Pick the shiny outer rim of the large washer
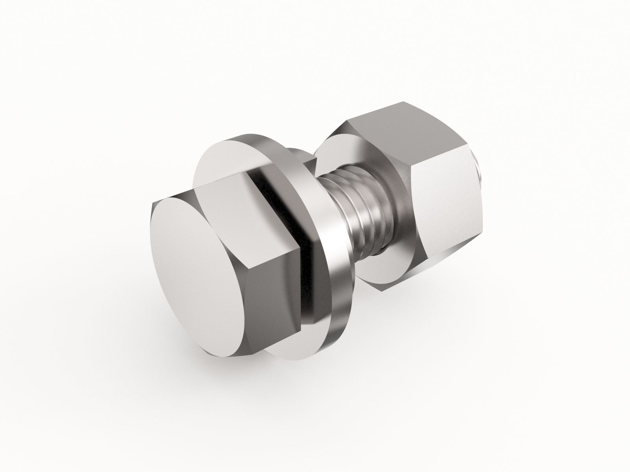(x=323, y=236)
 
